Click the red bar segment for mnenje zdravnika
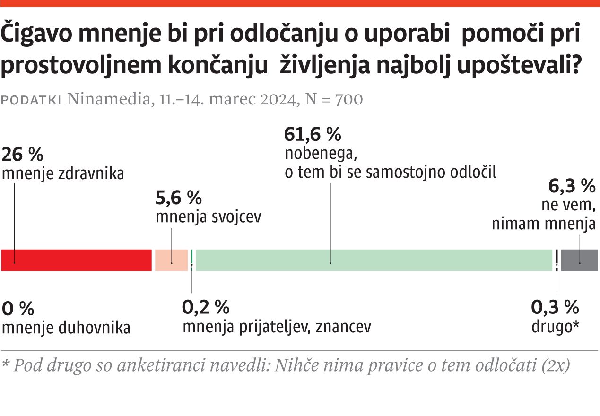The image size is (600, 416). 77,260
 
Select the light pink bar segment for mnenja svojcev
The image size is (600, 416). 171,260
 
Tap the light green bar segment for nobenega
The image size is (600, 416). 374,260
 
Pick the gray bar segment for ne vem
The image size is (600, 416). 580,260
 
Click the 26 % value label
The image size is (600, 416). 23,155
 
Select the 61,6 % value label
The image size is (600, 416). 313,135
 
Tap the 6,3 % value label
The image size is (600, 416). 572,187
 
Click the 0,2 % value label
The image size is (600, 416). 206,308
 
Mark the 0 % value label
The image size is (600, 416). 18,309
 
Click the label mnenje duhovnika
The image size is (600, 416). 66,328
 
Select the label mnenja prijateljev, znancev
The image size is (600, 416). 277,327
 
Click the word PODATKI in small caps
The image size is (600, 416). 32,100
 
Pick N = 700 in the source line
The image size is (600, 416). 335,99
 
